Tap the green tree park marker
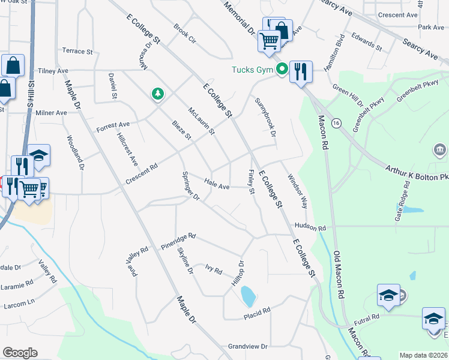[x=157, y=94]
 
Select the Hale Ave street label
[x=217, y=186]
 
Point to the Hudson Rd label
[x=310, y=228]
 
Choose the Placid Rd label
[x=258, y=313]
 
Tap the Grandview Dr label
[x=247, y=347]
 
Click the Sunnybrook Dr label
[x=265, y=117]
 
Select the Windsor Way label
[x=297, y=191]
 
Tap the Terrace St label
[x=77, y=52]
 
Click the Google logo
[x=20, y=353]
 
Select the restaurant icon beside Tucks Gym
[x=299, y=71]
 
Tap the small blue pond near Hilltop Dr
[x=247, y=295]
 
